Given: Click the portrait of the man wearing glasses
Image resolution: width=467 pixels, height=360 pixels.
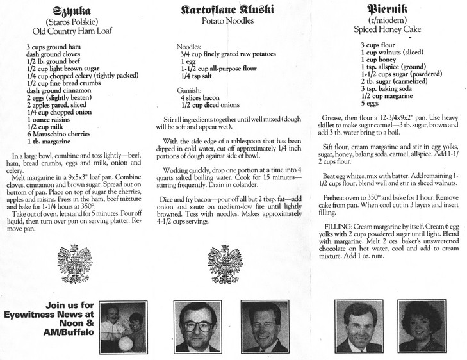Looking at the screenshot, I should click(x=200, y=326).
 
